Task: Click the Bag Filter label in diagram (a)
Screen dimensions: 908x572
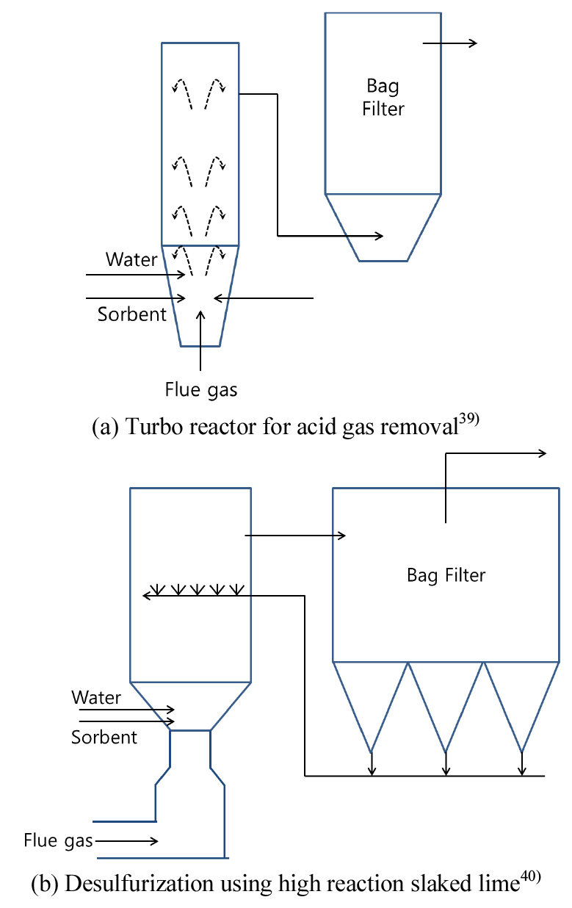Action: point(383,98)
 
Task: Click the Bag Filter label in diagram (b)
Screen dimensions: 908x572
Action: point(446,574)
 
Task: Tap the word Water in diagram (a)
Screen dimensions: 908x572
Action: point(131,259)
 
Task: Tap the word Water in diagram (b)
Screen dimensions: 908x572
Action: point(96,696)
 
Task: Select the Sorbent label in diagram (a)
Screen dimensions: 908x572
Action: point(132,314)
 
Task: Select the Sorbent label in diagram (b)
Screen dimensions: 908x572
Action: point(104,736)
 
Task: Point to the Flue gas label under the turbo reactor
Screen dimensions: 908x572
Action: point(201,389)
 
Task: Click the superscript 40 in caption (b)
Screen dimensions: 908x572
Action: point(531,879)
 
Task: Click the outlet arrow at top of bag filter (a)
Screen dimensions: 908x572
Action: point(449,43)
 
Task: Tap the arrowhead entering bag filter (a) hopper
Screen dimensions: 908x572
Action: point(378,236)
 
